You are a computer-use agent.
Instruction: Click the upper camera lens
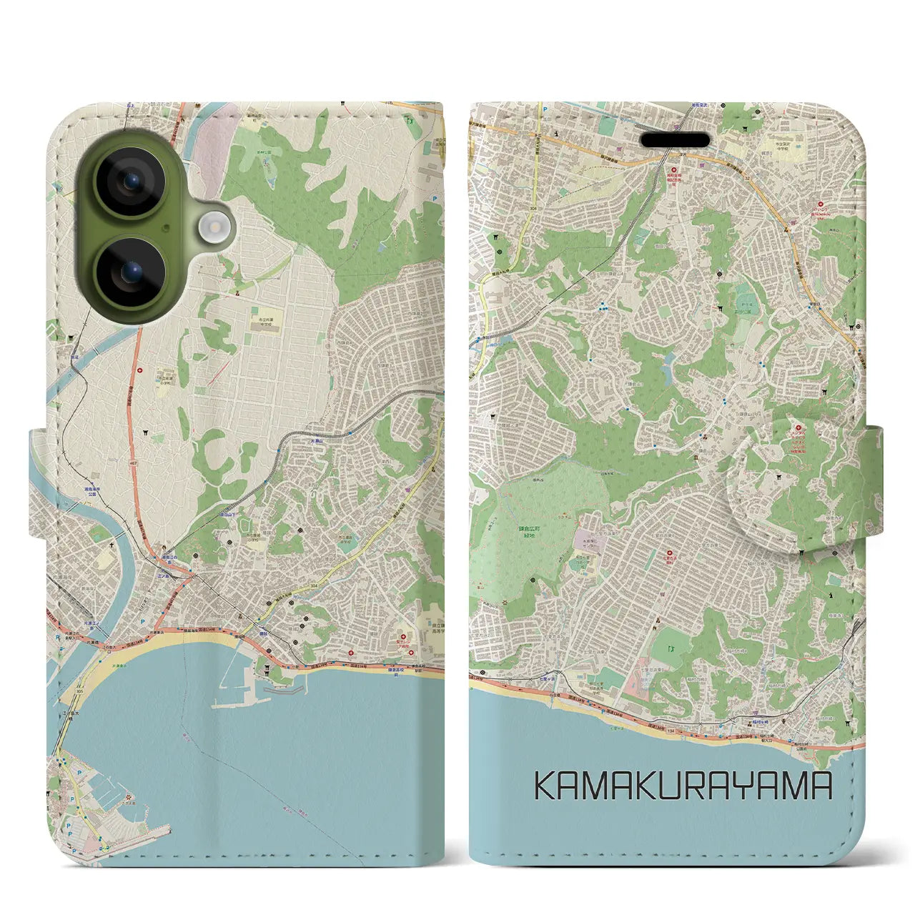click(x=130, y=182)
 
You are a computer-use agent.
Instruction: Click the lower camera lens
click(x=130, y=272)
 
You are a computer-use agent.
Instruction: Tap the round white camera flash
click(x=212, y=228)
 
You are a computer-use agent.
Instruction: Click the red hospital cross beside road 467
click(x=140, y=370)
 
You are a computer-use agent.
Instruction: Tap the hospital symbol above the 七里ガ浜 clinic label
click(x=670, y=554)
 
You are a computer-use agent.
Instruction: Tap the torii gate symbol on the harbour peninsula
click(x=267, y=670)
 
